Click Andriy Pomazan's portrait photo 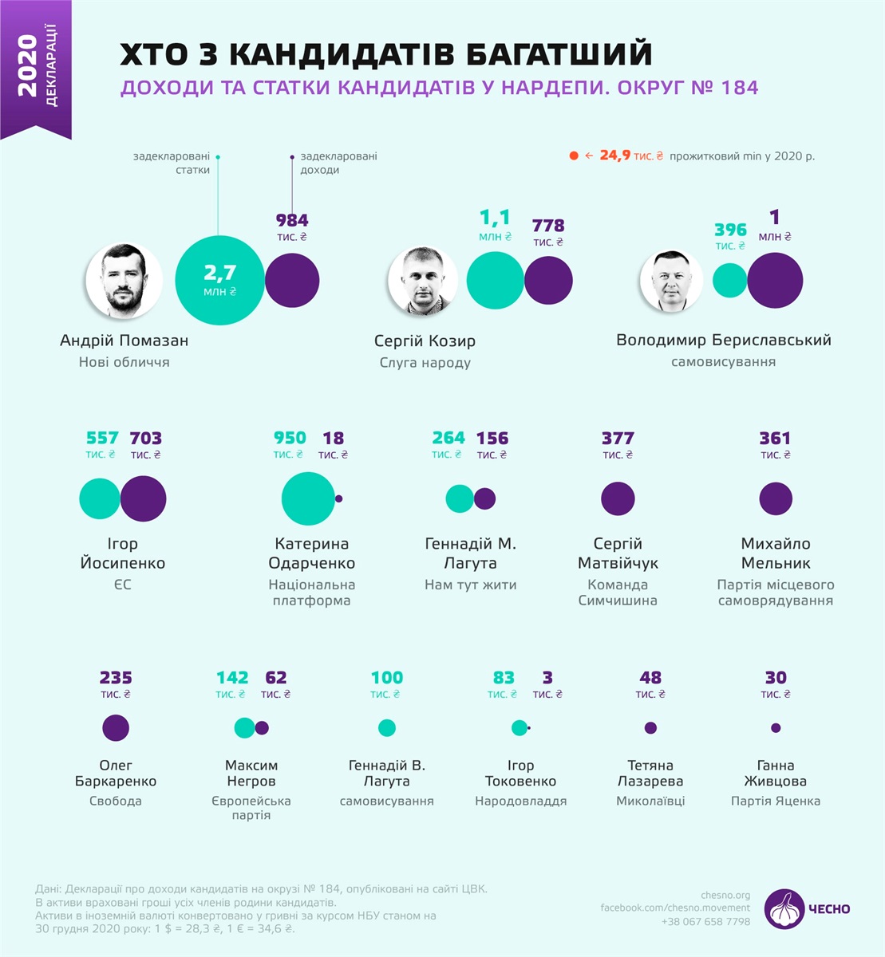(x=124, y=281)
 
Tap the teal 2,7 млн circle (x=219, y=281)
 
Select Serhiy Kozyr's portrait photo (x=423, y=282)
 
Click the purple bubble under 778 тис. (x=549, y=281)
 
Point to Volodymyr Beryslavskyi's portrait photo (x=671, y=282)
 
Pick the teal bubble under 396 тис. (x=729, y=281)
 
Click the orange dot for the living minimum (x=573, y=156)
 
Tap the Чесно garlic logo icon (x=784, y=909)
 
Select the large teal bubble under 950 (x=308, y=498)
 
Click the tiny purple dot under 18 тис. (x=339, y=498)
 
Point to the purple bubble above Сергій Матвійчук (x=618, y=498)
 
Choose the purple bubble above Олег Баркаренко (x=116, y=727)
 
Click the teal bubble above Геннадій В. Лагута (x=387, y=727)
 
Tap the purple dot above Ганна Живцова (x=776, y=727)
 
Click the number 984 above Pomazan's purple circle (x=292, y=220)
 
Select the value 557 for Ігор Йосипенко (x=102, y=438)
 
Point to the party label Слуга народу (x=425, y=363)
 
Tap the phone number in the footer (x=705, y=921)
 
